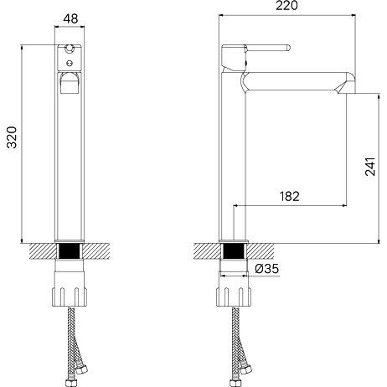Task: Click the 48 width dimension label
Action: pos(70,19)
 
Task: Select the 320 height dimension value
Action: pos(13,137)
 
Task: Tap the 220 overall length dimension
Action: pos(286,6)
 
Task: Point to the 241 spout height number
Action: pos(370,167)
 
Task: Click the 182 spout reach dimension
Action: pos(289,196)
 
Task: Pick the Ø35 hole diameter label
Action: pos(266,269)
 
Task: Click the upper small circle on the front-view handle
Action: pos(69,49)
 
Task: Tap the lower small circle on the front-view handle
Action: pos(70,64)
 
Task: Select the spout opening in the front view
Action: pos(70,83)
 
